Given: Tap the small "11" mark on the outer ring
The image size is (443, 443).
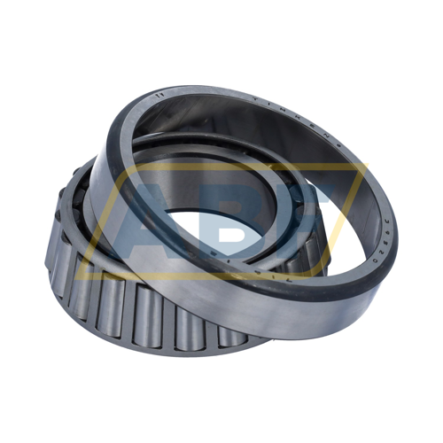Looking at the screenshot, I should click(159, 93).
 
